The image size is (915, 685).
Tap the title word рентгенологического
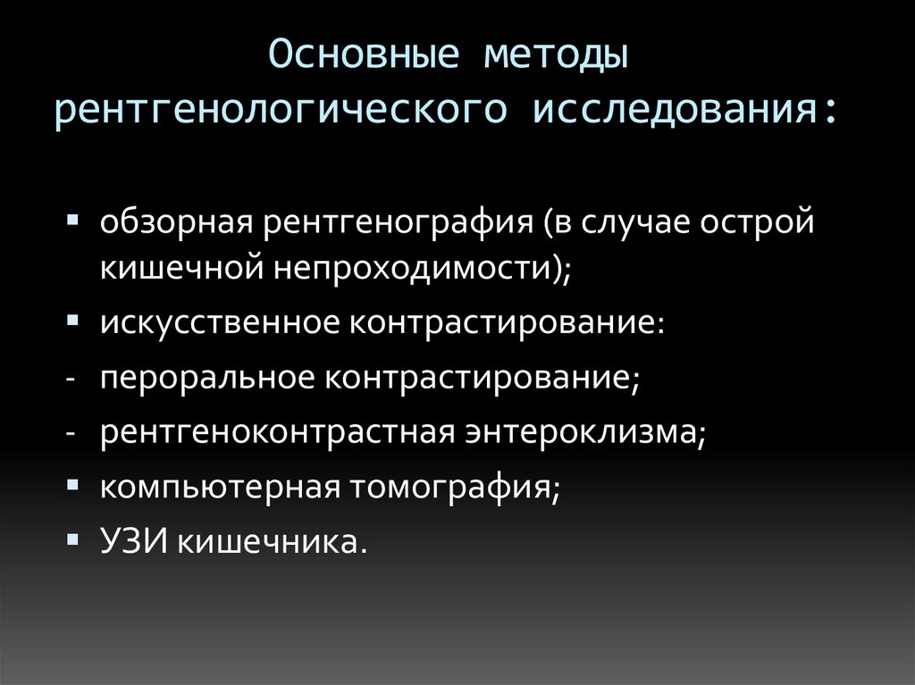[x=281, y=110]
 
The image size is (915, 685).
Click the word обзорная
[x=176, y=223]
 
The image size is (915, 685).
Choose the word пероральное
[x=207, y=378]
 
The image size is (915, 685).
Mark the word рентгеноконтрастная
[x=277, y=432]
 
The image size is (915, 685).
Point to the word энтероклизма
[x=581, y=432]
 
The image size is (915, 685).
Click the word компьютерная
[x=220, y=488]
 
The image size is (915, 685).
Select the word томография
[x=450, y=488]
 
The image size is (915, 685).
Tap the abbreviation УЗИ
[x=134, y=542]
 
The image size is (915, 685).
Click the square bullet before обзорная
[x=73, y=220]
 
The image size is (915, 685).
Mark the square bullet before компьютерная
[x=73, y=484]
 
